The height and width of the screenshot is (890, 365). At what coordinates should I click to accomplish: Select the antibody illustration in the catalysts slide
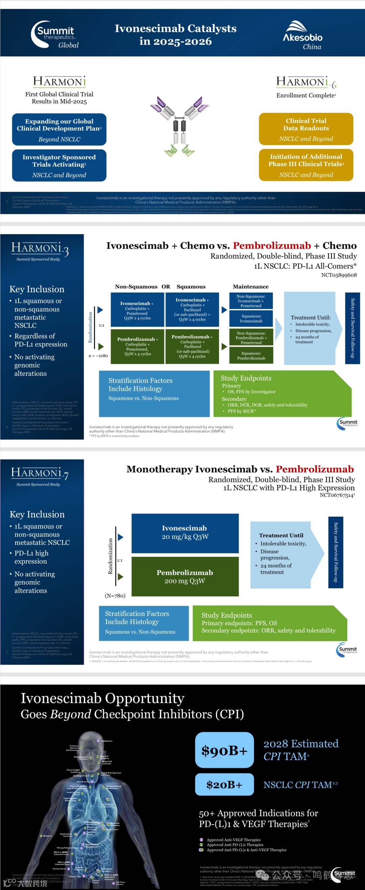[179, 126]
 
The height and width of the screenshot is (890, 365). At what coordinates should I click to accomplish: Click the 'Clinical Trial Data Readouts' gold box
[306, 129]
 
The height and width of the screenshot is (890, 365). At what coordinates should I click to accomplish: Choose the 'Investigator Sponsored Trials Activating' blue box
[59, 165]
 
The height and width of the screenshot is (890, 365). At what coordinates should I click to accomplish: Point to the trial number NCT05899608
[339, 275]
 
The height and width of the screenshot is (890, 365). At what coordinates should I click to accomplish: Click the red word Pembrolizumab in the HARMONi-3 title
[272, 246]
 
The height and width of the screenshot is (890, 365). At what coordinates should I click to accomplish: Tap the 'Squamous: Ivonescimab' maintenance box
[251, 319]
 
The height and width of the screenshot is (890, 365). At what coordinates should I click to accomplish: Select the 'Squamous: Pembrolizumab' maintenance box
[251, 355]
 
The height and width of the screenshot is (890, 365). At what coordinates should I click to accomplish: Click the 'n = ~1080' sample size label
[98, 355]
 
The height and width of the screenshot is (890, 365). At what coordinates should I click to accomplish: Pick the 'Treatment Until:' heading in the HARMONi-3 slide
[310, 318]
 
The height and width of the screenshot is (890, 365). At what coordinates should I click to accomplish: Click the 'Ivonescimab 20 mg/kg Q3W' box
[185, 533]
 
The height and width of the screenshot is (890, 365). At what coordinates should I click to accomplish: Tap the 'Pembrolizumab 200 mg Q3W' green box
[185, 576]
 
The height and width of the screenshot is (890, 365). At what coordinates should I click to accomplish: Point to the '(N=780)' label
[115, 596]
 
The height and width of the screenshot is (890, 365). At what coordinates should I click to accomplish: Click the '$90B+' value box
[224, 750]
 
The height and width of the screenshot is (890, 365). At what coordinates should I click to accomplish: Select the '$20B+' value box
[224, 785]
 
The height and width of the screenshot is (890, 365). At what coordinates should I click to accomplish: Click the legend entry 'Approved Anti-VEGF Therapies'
[233, 840]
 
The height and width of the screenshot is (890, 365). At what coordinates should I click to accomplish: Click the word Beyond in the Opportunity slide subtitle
[71, 714]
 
